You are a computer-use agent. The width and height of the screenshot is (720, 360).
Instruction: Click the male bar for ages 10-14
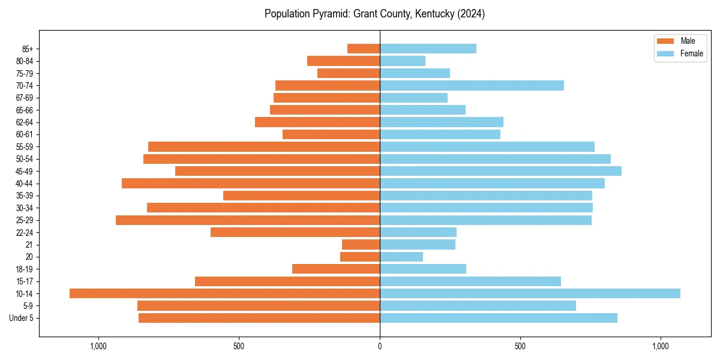(224, 293)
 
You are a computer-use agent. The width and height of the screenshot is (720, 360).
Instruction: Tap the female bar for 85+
(428, 49)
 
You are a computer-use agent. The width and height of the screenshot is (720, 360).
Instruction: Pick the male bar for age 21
(361, 244)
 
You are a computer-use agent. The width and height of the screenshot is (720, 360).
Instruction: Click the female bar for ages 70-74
(472, 85)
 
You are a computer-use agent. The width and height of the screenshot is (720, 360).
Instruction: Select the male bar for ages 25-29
(248, 220)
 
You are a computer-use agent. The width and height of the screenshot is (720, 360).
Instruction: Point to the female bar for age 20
(401, 257)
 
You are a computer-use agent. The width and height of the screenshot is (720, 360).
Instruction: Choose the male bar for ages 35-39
(301, 196)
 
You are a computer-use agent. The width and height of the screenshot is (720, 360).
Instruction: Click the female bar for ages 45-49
(500, 171)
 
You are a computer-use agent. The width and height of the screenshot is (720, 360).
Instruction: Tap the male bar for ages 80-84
(343, 61)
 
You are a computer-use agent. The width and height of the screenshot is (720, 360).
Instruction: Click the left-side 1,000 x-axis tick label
(98, 346)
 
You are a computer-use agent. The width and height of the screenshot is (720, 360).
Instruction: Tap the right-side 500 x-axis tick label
(520, 346)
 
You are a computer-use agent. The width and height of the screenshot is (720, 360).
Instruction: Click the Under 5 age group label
(21, 318)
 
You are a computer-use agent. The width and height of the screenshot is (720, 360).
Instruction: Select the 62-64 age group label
(25, 122)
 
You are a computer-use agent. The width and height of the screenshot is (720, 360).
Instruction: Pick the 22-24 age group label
(25, 232)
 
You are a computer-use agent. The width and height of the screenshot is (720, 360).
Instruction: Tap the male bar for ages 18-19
(335, 269)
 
